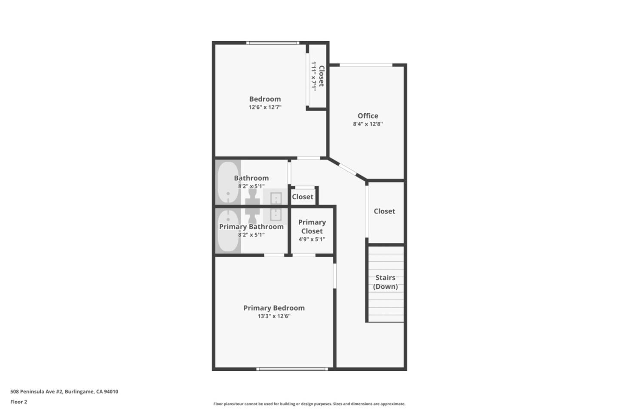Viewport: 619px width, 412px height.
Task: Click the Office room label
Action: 368,116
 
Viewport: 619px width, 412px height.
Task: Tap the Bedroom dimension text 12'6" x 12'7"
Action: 265,107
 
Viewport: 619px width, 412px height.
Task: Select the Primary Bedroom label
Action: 274,308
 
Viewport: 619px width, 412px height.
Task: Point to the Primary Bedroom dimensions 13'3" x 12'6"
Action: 274,316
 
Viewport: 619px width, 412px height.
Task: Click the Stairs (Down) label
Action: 385,282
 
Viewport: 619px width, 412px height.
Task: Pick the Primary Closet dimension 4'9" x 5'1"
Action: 312,239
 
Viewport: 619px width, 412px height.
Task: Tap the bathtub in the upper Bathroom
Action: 228,182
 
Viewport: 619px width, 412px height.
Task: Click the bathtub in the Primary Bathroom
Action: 228,230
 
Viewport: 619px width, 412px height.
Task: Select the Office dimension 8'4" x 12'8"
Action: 368,124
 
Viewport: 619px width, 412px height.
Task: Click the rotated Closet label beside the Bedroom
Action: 321,76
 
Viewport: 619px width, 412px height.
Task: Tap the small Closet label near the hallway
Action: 303,197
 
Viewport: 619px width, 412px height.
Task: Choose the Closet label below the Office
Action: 384,211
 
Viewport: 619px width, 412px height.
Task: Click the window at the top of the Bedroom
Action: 273,43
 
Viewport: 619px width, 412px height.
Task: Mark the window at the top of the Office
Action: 366,65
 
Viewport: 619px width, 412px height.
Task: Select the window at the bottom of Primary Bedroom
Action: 292,369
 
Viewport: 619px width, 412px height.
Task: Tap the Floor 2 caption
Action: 18,402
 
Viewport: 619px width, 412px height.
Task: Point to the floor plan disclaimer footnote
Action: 309,404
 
